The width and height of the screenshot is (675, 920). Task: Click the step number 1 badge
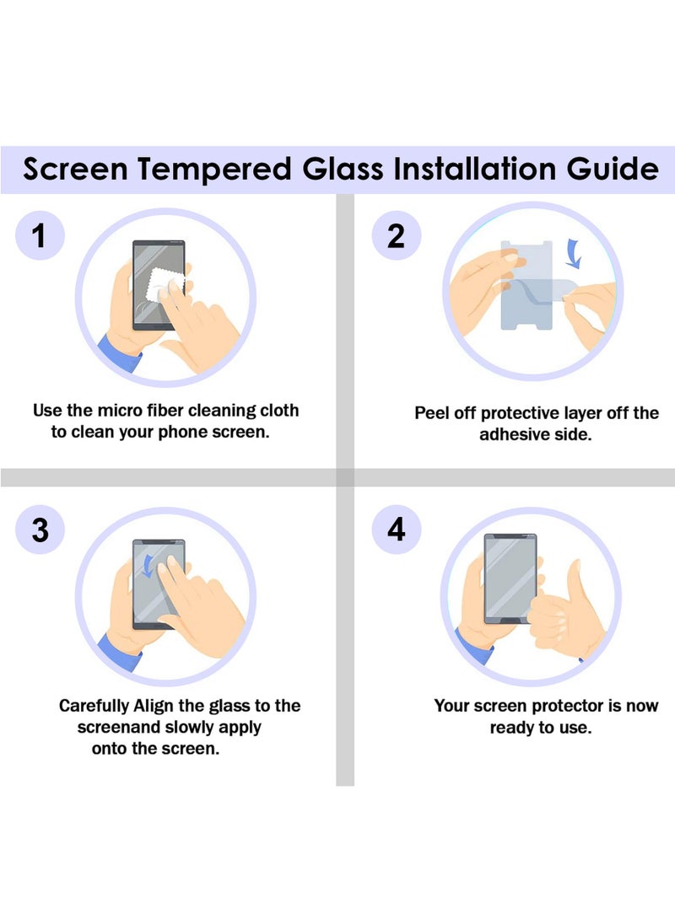tap(40, 236)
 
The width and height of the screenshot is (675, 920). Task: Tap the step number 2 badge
tap(395, 236)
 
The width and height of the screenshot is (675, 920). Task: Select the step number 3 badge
tap(40, 530)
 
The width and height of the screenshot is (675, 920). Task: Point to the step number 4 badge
tap(395, 530)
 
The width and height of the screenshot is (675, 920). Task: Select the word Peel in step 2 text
tap(433, 413)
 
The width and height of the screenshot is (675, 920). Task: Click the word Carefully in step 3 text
tap(94, 706)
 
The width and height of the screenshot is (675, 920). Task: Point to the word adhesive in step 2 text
tap(515, 435)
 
